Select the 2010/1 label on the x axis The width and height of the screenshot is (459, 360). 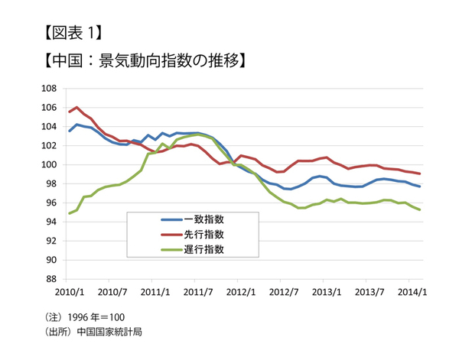tap(69, 291)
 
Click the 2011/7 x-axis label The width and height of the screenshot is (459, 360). tap(198, 291)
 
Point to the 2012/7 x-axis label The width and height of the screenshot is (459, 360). tap(285, 291)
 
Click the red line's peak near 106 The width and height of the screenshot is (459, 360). tap(76, 108)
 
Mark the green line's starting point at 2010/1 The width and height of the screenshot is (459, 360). tap(70, 213)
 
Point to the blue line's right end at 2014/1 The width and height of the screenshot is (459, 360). tap(419, 186)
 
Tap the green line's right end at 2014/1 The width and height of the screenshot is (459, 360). tap(419, 209)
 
